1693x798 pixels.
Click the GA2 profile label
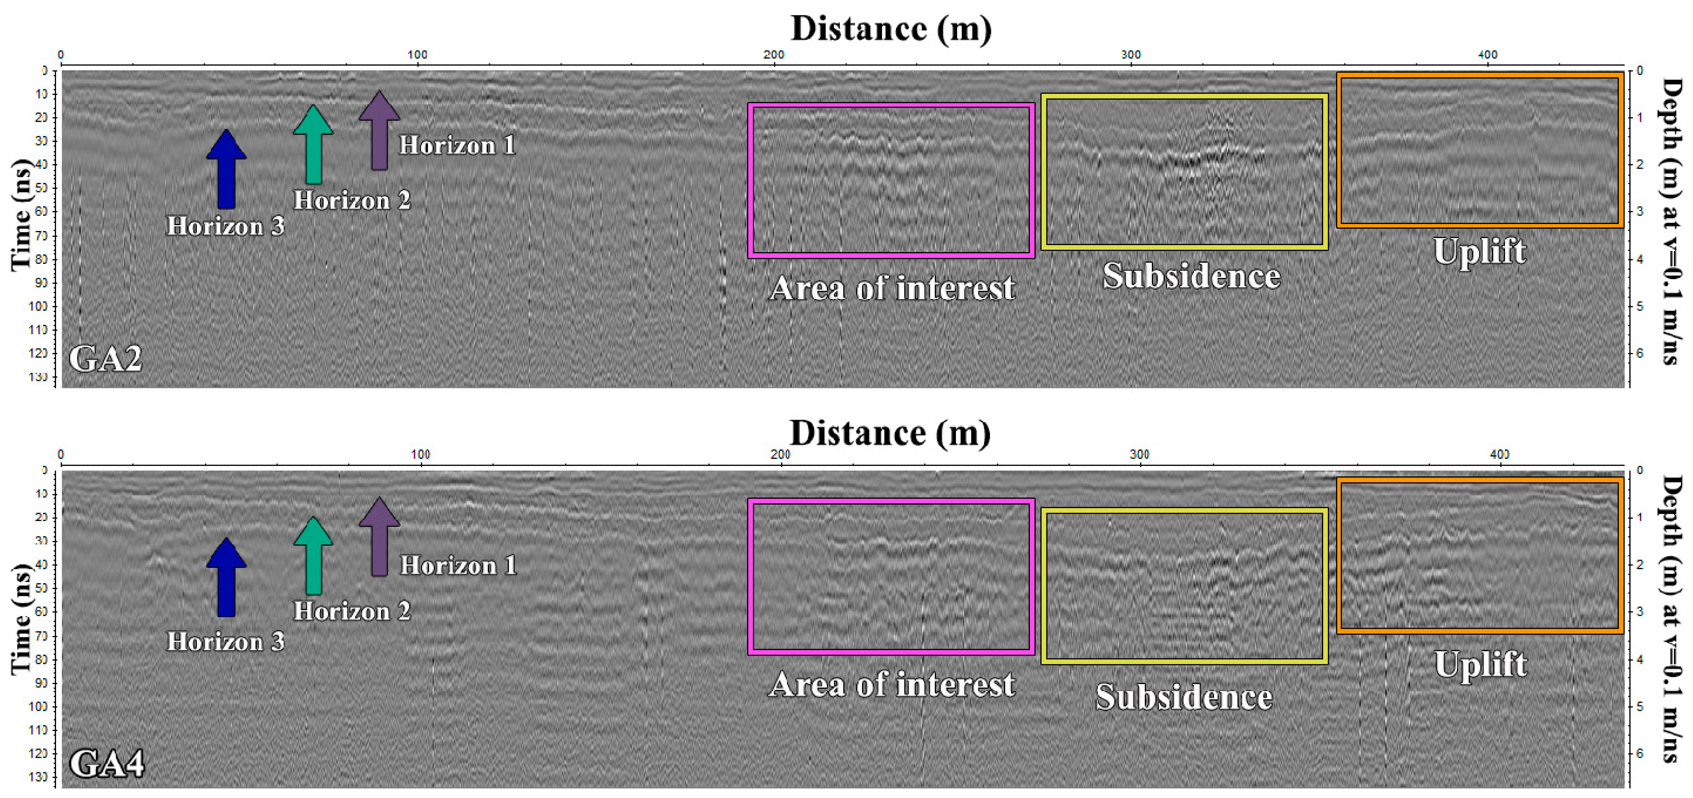pyautogui.click(x=105, y=359)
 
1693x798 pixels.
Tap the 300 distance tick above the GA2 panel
pyautogui.click(x=1130, y=55)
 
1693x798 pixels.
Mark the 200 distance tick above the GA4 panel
pyautogui.click(x=780, y=454)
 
